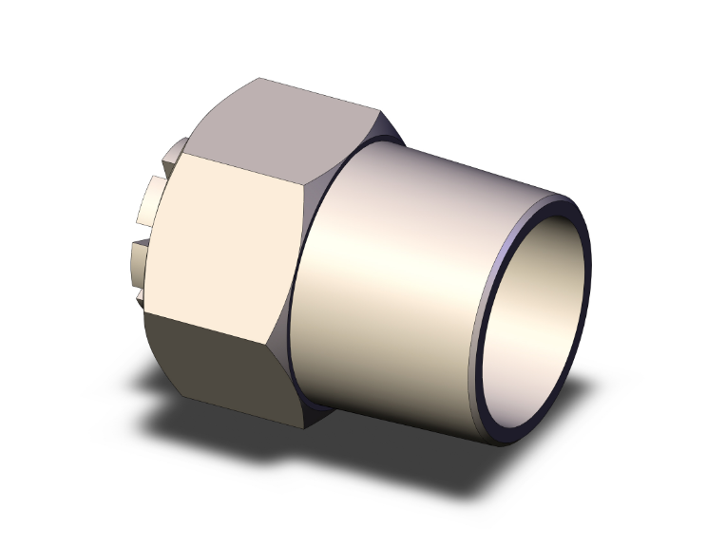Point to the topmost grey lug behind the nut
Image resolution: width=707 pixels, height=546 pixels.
pos(175,152)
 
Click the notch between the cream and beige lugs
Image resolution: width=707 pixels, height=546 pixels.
pos(143,232)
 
